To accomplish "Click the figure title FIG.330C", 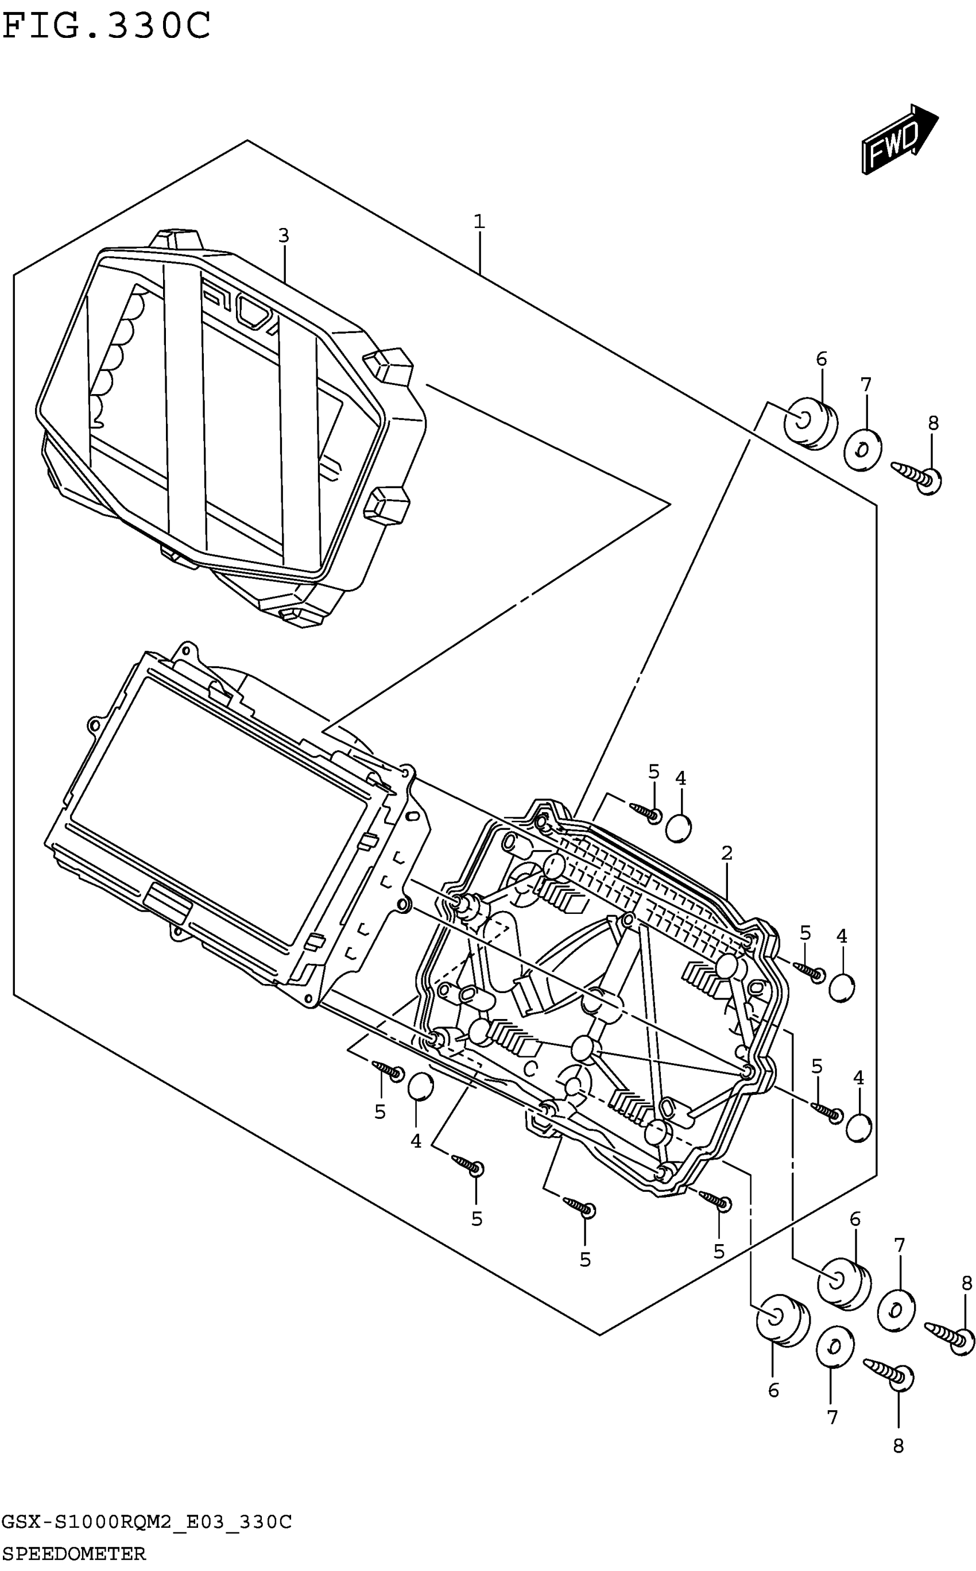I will click(107, 26).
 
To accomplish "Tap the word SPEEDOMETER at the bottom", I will click(73, 1560).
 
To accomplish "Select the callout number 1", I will click(478, 222).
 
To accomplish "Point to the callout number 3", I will click(284, 236).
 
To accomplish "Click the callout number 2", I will click(727, 854).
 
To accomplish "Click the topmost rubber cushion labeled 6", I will click(810, 423).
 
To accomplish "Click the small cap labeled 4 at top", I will click(679, 828).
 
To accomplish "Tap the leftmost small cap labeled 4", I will click(421, 1086).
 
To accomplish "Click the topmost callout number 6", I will click(821, 359).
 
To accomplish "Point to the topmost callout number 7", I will click(866, 385).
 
